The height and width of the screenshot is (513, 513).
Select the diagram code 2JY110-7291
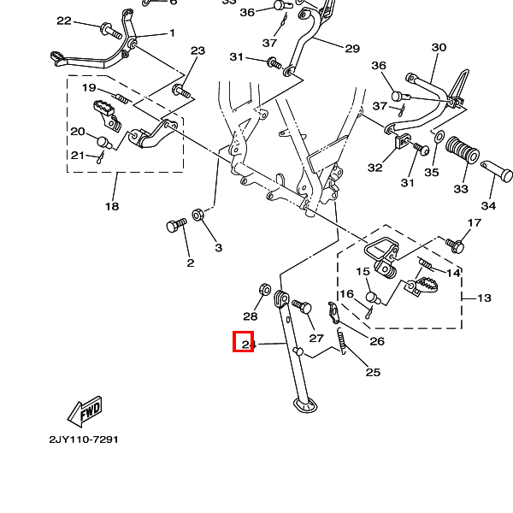(83, 439)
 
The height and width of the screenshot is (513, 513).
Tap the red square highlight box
(244, 342)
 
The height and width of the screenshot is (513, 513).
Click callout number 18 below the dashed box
(112, 206)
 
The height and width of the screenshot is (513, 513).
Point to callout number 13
(484, 298)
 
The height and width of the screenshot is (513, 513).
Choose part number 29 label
(352, 49)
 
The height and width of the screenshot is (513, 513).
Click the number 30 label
(439, 47)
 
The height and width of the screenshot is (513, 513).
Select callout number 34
(488, 206)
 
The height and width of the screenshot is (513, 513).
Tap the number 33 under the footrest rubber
(461, 188)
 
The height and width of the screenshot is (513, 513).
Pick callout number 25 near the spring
(373, 372)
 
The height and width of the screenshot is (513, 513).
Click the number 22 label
(64, 21)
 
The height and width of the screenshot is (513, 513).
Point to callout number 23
(198, 51)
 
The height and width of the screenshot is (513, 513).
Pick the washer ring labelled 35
(436, 139)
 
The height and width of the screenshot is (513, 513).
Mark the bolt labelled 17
(456, 245)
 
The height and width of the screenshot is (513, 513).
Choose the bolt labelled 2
(176, 227)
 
